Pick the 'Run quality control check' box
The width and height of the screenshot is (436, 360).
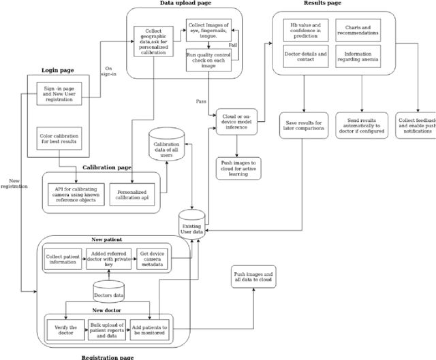[x=208, y=60]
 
